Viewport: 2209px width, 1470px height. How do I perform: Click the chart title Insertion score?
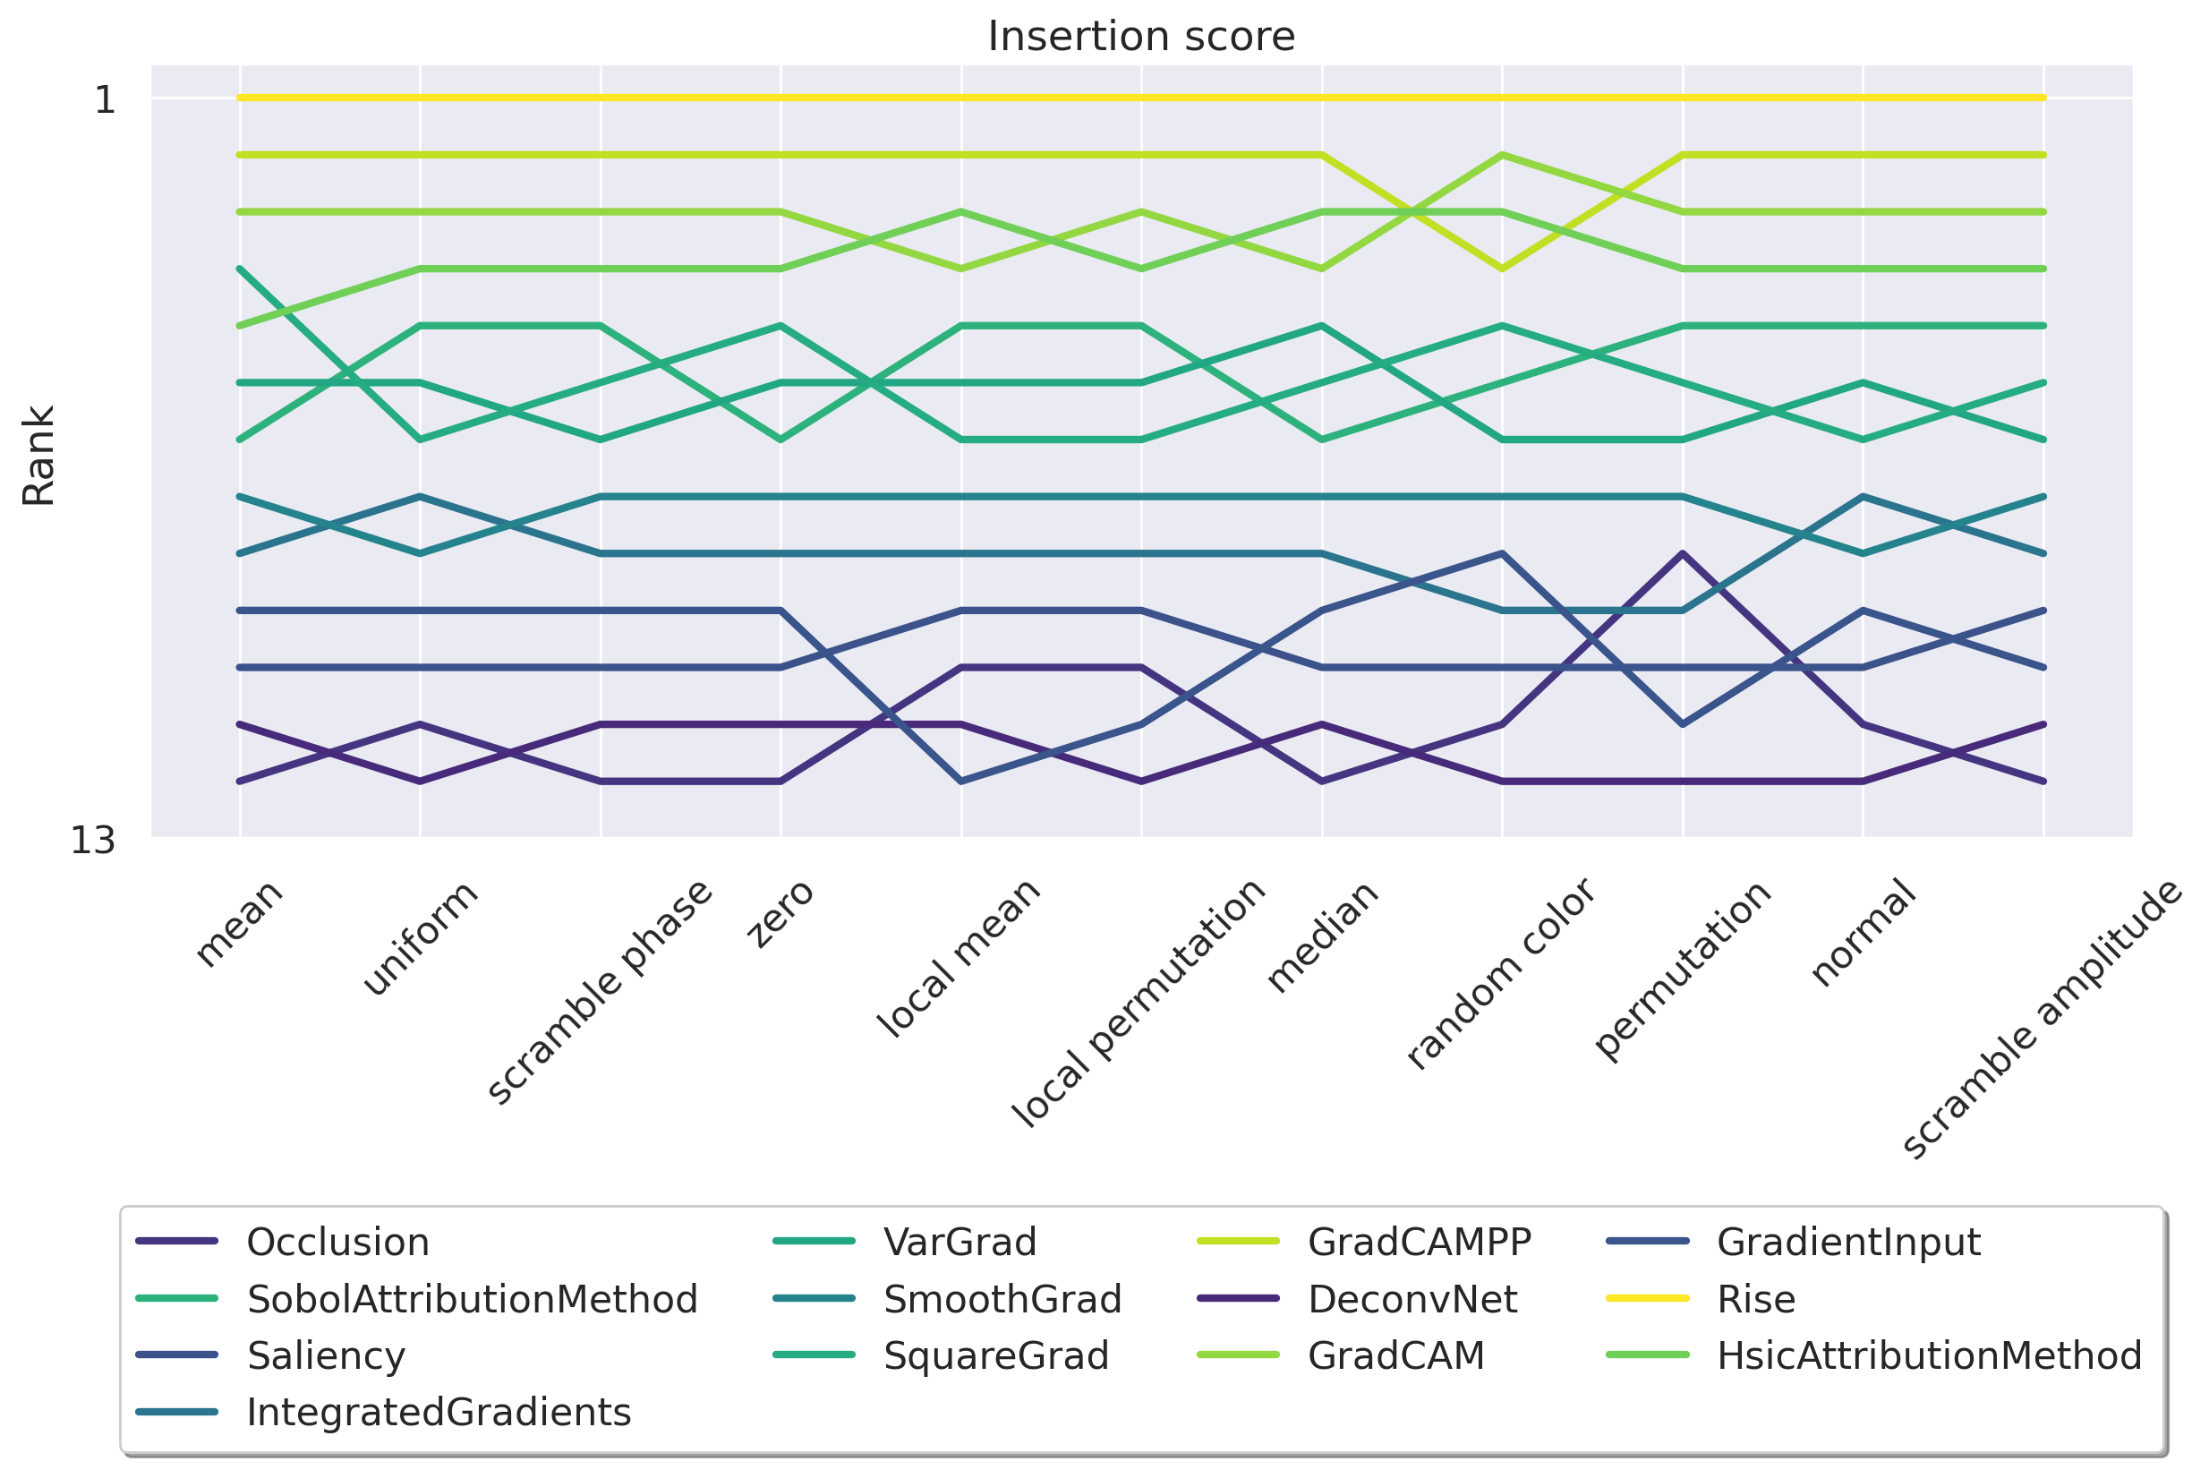point(1140,37)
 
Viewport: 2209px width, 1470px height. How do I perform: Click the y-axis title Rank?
point(38,456)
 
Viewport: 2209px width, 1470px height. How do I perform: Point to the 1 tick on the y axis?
point(105,98)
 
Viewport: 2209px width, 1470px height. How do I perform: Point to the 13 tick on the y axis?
point(93,841)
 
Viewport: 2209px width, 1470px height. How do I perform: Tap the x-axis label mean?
point(239,923)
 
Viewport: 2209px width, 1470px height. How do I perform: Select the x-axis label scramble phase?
point(600,992)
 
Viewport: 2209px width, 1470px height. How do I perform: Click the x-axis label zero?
point(780,913)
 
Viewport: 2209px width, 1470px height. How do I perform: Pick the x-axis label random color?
point(1499,974)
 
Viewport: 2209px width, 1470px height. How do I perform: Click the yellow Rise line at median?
point(1321,98)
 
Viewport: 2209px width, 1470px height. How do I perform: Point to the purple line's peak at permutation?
point(1684,553)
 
